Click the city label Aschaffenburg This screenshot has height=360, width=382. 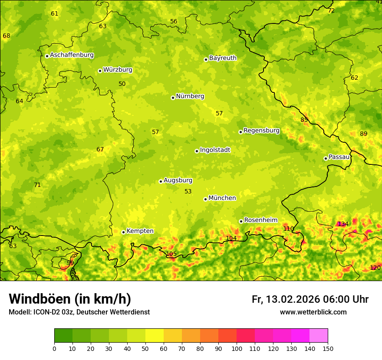tap(72, 55)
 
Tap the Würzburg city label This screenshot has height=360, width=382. tap(118, 70)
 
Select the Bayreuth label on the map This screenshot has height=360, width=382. tap(223, 58)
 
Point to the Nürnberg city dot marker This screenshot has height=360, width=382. tap(173, 98)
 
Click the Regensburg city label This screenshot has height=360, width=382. tap(261, 131)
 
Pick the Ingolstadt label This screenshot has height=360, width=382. tap(215, 150)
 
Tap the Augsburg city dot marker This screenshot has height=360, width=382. tap(161, 181)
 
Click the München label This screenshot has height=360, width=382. tap(222, 198)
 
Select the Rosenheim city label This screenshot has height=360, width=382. tap(260, 220)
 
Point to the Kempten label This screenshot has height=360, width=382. tap(140, 231)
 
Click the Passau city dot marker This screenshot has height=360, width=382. tap(326, 158)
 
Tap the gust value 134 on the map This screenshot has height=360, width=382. tap(343, 224)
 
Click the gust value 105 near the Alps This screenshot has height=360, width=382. tap(171, 254)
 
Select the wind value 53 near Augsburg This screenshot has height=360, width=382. tap(188, 192)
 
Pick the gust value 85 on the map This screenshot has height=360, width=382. tap(304, 120)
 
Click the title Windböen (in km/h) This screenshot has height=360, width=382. tap(70, 299)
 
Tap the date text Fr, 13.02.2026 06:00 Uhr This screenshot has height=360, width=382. tap(310, 299)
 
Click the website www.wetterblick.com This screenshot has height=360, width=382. tap(313, 312)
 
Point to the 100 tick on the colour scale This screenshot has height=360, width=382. tap(237, 348)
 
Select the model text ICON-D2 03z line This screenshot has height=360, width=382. tap(79, 312)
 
